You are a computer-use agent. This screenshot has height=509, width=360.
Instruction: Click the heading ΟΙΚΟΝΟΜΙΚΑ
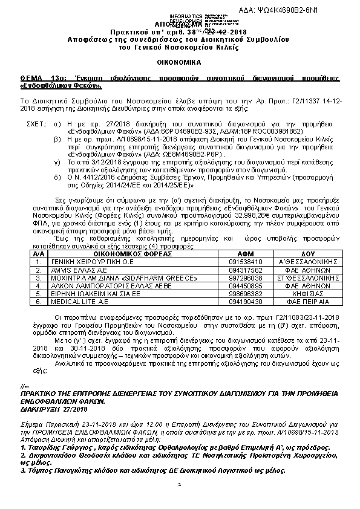point(179,62)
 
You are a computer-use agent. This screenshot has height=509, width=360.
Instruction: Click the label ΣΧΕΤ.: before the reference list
point(38,123)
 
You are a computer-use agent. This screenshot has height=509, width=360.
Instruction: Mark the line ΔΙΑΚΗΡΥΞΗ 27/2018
point(46,409)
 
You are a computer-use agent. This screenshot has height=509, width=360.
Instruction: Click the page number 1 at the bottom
point(180,485)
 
